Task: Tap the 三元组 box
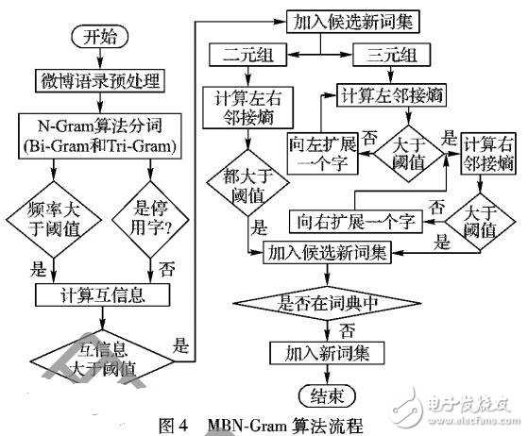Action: pos(395,56)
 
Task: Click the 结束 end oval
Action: pos(327,394)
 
